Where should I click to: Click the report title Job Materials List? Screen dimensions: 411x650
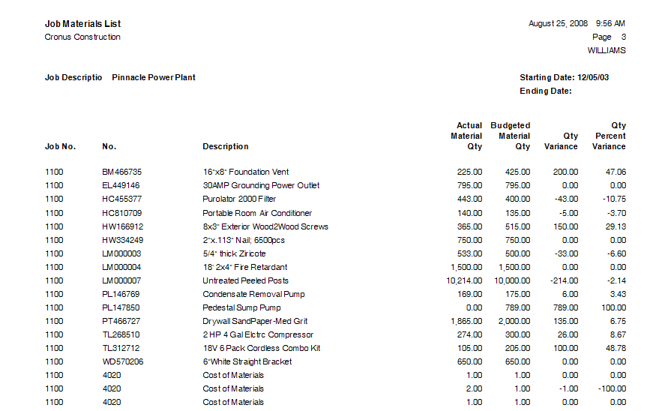[82, 24]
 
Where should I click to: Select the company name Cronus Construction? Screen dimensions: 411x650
[82, 37]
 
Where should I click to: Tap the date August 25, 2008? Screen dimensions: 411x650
[558, 24]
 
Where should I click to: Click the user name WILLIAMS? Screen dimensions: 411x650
[607, 50]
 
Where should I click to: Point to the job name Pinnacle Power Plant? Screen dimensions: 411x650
[154, 77]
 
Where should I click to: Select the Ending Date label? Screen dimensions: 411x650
[546, 91]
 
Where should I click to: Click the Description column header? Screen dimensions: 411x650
[225, 146]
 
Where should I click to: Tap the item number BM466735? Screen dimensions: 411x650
[121, 172]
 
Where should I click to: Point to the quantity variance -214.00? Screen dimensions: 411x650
[564, 280]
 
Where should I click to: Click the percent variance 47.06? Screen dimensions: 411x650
[616, 172]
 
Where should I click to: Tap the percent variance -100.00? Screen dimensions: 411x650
[613, 388]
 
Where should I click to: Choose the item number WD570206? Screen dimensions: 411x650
[122, 361]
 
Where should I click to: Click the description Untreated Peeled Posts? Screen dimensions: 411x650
[245, 280]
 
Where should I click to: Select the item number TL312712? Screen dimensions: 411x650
[121, 348]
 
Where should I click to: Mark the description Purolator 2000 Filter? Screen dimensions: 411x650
[239, 199]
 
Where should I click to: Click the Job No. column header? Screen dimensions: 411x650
[60, 146]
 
